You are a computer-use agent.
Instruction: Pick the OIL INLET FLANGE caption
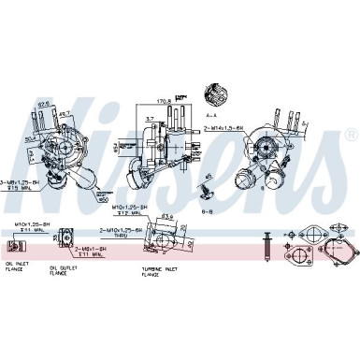pyautogui.click(x=17, y=266)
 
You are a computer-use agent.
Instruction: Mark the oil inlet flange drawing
pyautogui.click(x=15, y=247)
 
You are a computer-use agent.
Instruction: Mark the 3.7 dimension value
pyautogui.click(x=151, y=120)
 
